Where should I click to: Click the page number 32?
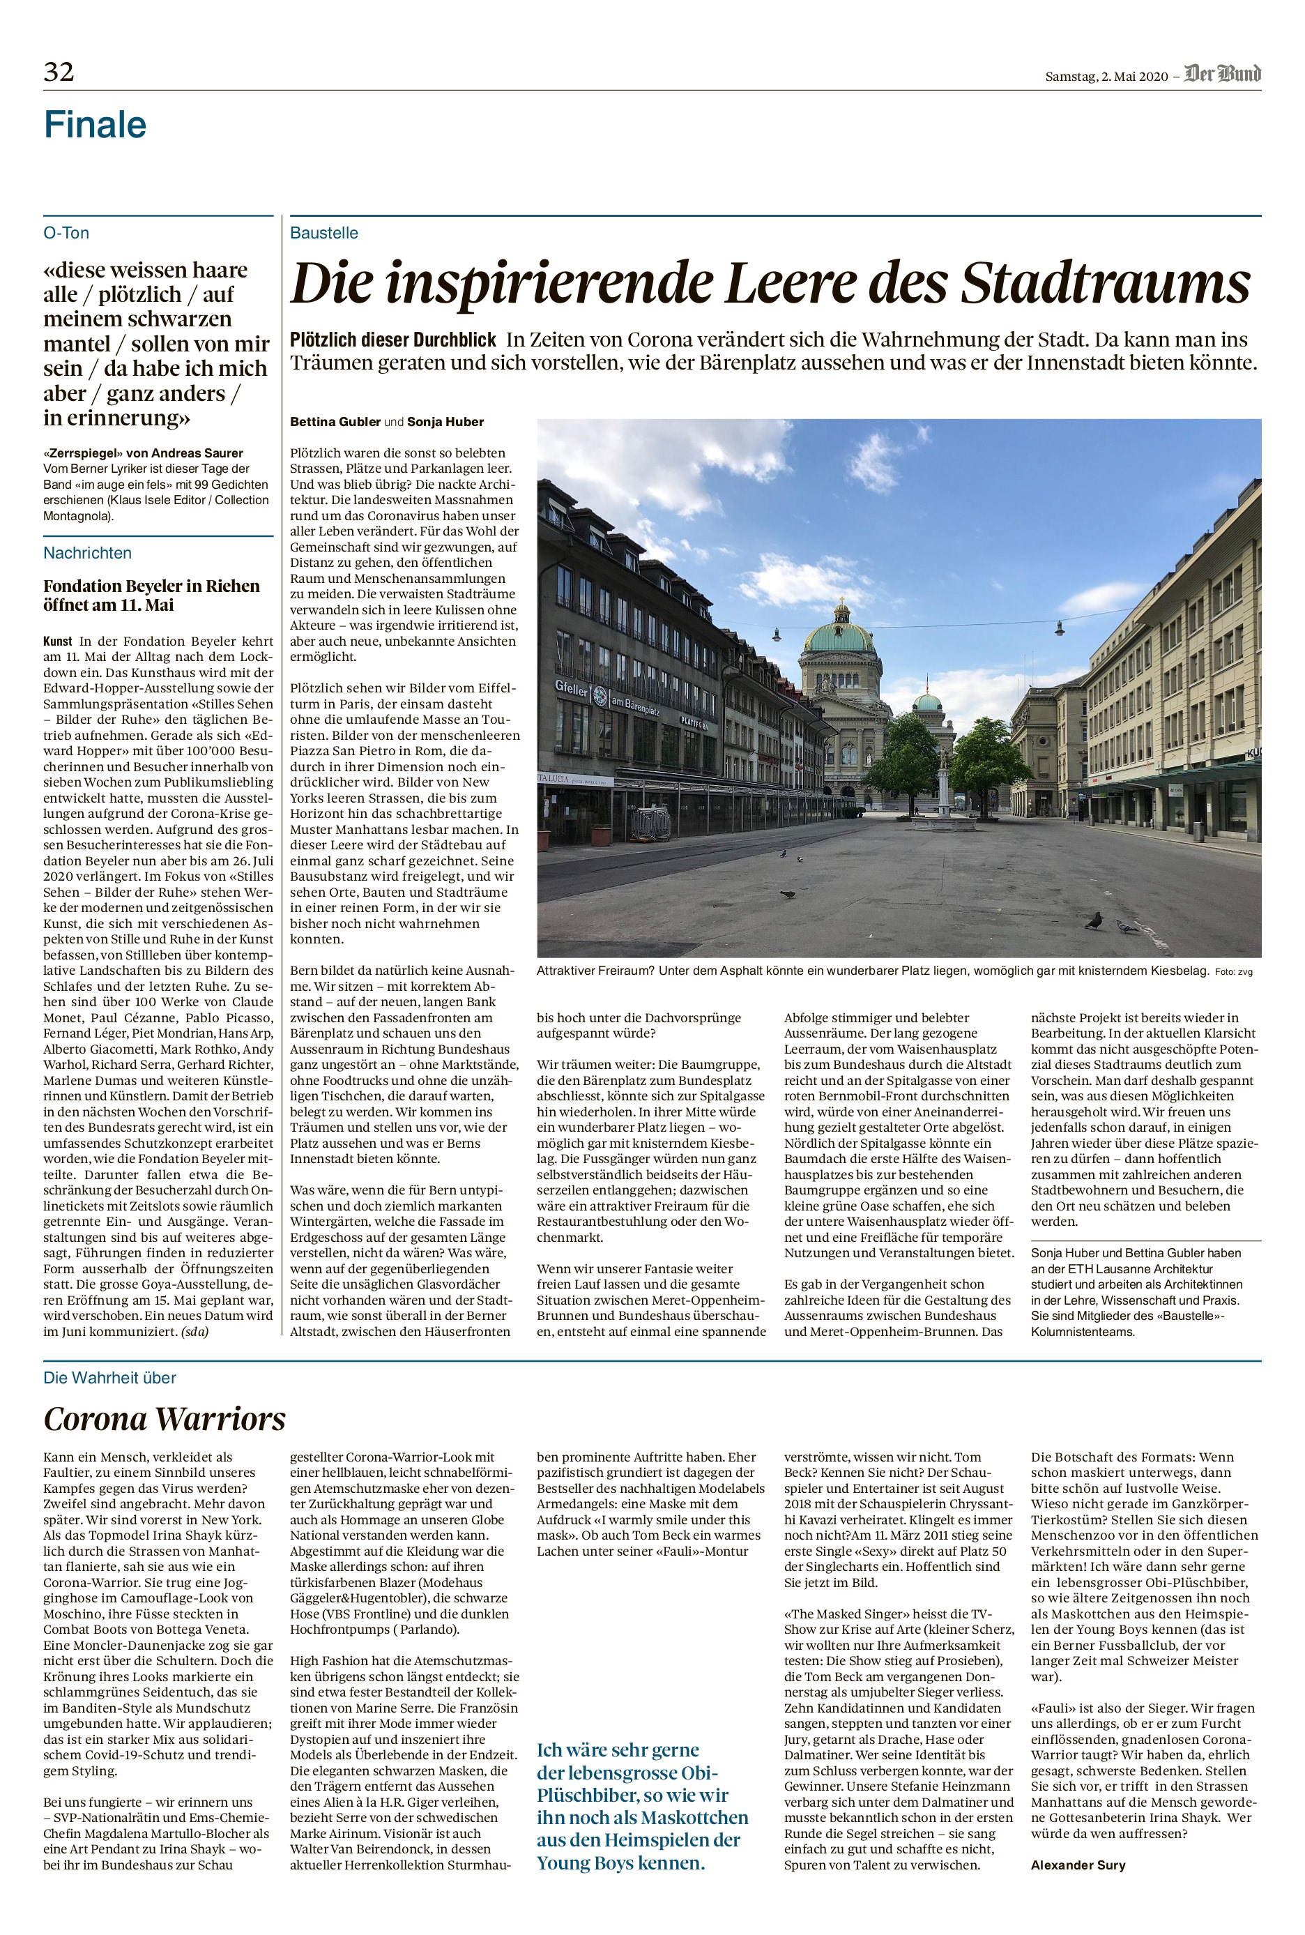pos(59,73)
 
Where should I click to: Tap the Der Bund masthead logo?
pos(1223,75)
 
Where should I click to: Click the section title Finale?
pos(95,125)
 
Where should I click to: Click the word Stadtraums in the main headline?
pos(1105,284)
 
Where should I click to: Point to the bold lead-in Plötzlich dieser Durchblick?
pos(393,340)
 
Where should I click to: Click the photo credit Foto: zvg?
pos(1232,972)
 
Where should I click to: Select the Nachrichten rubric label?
pos(87,553)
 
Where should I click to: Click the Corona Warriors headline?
pos(165,1419)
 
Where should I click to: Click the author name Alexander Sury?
pos(1078,1865)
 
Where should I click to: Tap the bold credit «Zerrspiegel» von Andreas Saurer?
pos(143,453)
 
